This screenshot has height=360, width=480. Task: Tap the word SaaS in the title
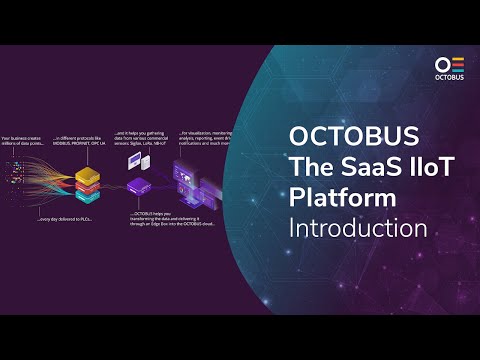[357, 165]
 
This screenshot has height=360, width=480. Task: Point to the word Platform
[339, 196]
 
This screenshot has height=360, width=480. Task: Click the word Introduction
[358, 228]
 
